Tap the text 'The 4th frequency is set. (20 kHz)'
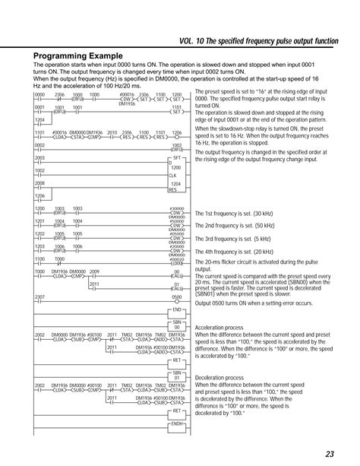point(242,251)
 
